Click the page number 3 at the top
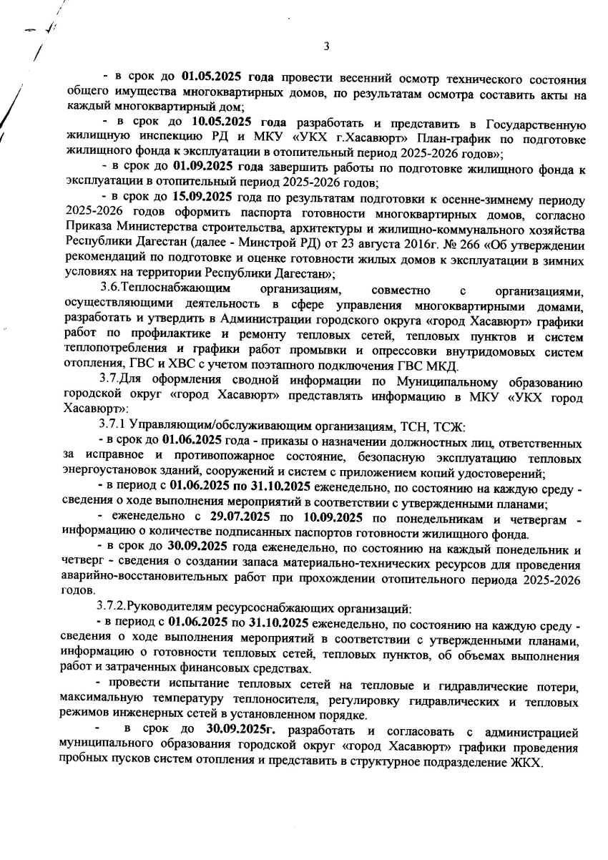(325, 47)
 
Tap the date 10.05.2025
(220, 126)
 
